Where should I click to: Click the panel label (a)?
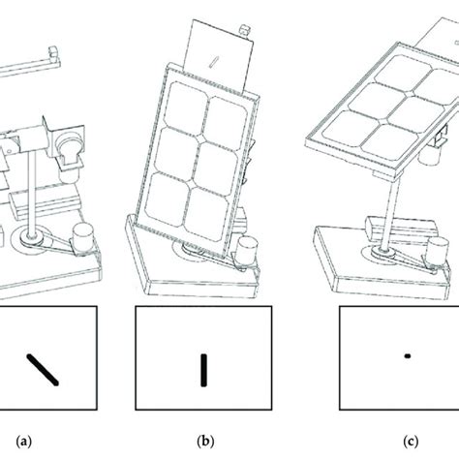(24, 441)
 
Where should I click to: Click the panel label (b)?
(205, 441)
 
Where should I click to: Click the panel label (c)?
(411, 441)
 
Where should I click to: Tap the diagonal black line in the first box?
(43, 370)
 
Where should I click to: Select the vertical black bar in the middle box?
(203, 370)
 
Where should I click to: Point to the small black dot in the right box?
(408, 356)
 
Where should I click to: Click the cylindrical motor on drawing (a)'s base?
(82, 238)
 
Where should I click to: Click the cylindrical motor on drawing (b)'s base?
(247, 250)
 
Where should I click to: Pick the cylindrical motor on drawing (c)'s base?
(437, 251)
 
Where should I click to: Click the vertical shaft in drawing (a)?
(31, 194)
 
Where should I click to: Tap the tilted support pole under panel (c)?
(390, 214)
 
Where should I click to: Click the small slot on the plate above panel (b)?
(214, 62)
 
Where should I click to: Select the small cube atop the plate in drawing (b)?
(244, 32)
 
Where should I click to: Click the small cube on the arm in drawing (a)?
(54, 52)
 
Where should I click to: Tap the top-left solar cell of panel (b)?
(188, 105)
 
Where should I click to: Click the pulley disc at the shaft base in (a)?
(31, 240)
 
